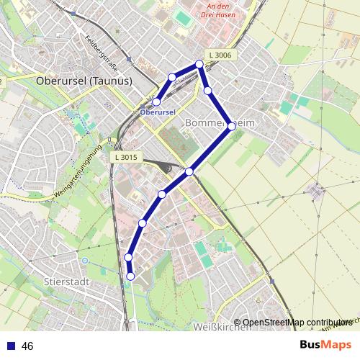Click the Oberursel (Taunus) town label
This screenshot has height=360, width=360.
pyautogui.click(x=84, y=81)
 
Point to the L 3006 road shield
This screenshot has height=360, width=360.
pyautogui.click(x=220, y=55)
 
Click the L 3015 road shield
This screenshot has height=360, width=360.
pyautogui.click(x=125, y=157)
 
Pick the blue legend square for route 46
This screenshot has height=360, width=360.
pyautogui.click(x=11, y=346)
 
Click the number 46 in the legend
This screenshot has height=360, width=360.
pyautogui.click(x=28, y=346)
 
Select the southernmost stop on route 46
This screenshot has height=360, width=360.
pyautogui.click(x=130, y=276)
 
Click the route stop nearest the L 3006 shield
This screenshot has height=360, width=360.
pyautogui.click(x=199, y=64)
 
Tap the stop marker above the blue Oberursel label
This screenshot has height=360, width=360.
pyautogui.click(x=156, y=102)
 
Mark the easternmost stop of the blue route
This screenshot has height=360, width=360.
pyautogui.click(x=231, y=126)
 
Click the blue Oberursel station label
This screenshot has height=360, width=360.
pyautogui.click(x=158, y=113)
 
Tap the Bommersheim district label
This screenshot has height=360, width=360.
pyautogui.click(x=220, y=123)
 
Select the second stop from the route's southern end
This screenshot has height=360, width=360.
pyautogui.click(x=128, y=257)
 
